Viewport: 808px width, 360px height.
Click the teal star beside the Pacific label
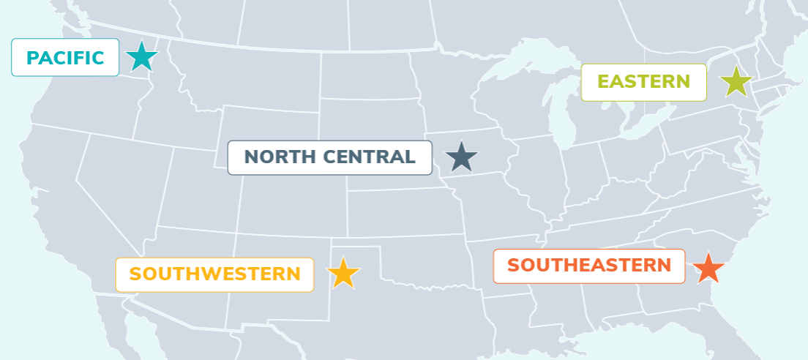coord(141,57)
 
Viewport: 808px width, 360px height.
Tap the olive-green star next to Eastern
coord(736,82)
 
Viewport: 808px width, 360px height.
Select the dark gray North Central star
coord(461,157)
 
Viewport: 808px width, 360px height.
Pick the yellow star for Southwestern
coord(343,273)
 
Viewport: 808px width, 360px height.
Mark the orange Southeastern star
coord(707,269)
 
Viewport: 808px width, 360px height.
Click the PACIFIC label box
coord(65,57)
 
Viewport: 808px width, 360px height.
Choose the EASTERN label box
coord(643,82)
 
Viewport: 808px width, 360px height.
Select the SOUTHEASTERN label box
coord(588,266)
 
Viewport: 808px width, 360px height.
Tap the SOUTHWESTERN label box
coord(214,274)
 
